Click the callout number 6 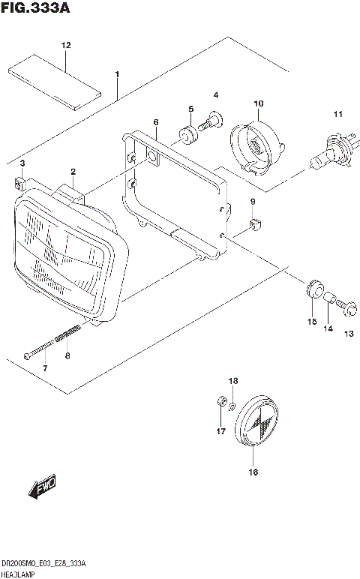tap(156, 121)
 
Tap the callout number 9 tap(253, 202)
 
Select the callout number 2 tap(73, 172)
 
